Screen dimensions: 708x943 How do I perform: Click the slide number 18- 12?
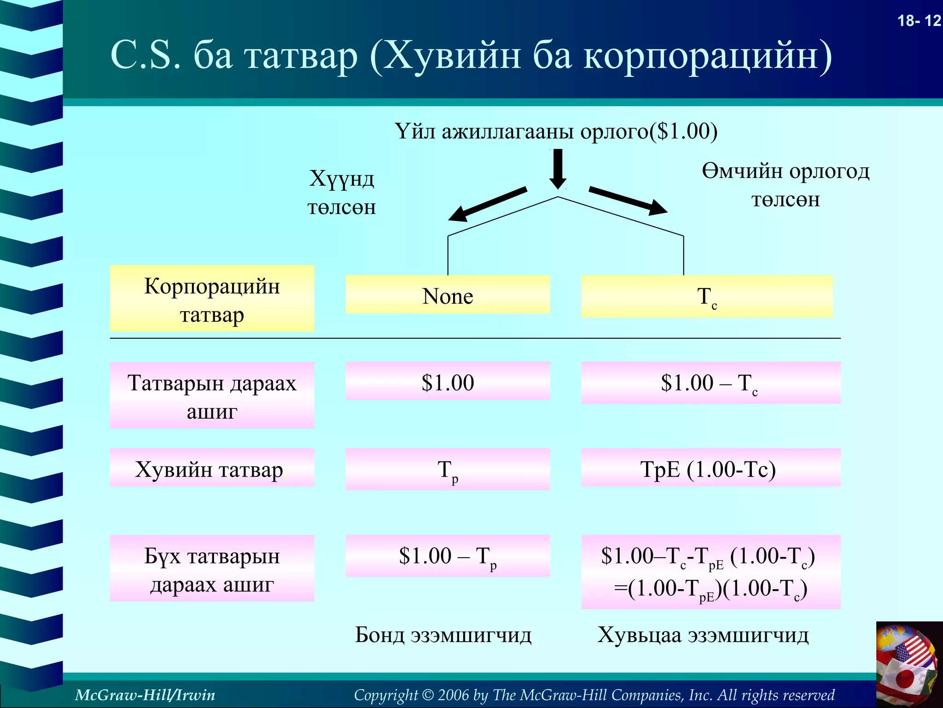[x=919, y=21]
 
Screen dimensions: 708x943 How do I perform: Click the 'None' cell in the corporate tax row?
[x=448, y=295]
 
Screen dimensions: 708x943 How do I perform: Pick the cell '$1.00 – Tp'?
[x=448, y=556]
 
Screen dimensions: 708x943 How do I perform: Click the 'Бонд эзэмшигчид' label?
[x=443, y=635]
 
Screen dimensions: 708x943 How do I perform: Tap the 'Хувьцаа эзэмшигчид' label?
[x=703, y=635]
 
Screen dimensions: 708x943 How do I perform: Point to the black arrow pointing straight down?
[x=558, y=168]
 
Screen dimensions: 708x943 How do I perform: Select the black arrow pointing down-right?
[x=629, y=201]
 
